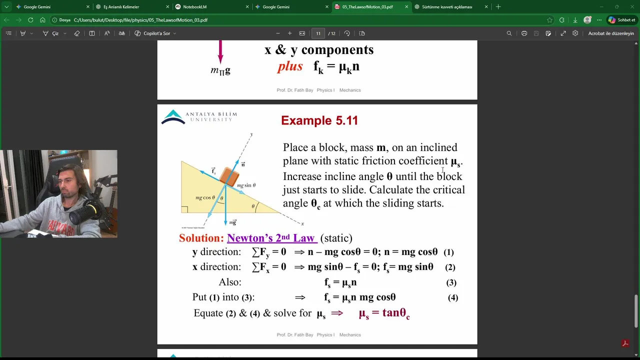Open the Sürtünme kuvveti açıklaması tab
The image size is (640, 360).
(446, 7)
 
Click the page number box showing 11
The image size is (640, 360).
(318, 33)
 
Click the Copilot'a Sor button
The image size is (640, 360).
(155, 33)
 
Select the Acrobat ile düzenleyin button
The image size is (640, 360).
(611, 33)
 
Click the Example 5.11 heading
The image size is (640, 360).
(319, 120)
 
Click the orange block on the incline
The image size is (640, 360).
(229, 175)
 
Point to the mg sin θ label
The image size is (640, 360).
(246, 185)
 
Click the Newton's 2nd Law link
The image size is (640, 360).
(271, 238)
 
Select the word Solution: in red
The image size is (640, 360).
(201, 238)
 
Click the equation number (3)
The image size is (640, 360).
(451, 282)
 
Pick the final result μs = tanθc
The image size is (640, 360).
(384, 313)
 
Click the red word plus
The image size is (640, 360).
(290, 66)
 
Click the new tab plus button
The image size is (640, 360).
(498, 7)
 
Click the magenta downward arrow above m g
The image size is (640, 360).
(220, 51)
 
